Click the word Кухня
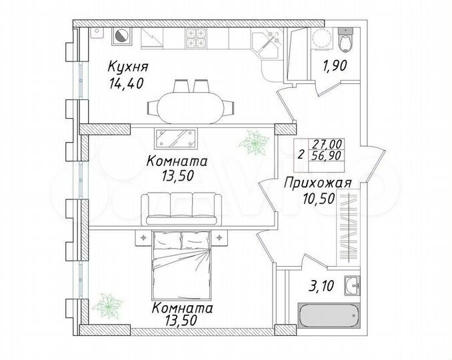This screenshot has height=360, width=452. point(128,67)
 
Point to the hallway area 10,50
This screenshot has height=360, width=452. point(309,198)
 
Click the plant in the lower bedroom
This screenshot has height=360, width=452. point(106,305)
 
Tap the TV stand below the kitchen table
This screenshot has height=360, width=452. point(176,138)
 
